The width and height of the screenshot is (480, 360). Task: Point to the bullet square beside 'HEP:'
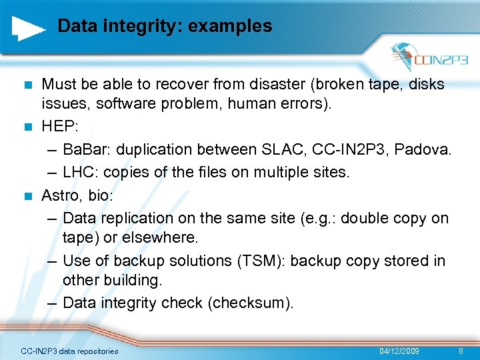pyautogui.click(x=27, y=127)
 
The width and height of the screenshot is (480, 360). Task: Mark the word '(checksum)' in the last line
pyautogui.click(x=250, y=303)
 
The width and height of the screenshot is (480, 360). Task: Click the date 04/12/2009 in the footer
pyautogui.click(x=399, y=351)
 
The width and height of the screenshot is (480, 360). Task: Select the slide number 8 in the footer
pyautogui.click(x=461, y=351)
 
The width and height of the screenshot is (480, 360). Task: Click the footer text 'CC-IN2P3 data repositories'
pyautogui.click(x=69, y=351)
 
